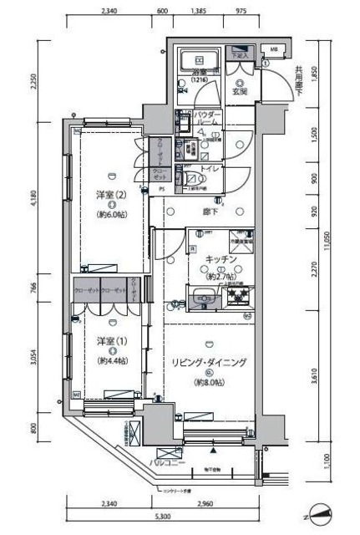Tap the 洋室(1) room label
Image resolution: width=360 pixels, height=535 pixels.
pyautogui.click(x=110, y=343)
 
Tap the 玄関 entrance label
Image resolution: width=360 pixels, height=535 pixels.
pyautogui.click(x=240, y=90)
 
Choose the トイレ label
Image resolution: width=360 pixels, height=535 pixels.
pyautogui.click(x=210, y=167)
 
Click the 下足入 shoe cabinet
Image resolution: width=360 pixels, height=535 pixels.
pyautogui.click(x=239, y=56)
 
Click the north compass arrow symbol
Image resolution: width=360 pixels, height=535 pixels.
pyautogui.click(x=323, y=512)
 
